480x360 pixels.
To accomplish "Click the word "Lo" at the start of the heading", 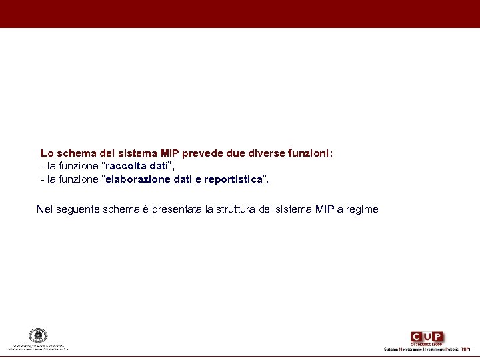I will (x=47, y=153).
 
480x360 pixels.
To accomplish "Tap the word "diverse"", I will (x=265, y=153).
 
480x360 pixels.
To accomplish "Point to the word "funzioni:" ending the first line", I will (x=310, y=153).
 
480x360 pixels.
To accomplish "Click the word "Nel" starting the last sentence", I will (x=45, y=209).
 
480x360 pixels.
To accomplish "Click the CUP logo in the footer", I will (x=427, y=337).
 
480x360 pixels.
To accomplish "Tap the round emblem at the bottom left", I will (x=38, y=335).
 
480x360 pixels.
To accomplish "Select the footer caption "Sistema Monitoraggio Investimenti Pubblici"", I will (x=421, y=349).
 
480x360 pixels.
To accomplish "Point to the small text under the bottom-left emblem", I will (x=38, y=347).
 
